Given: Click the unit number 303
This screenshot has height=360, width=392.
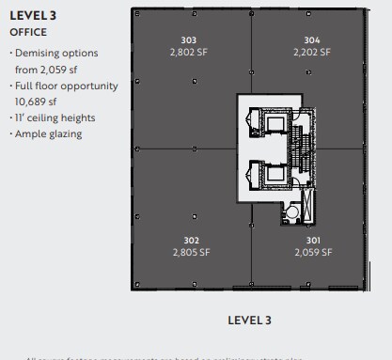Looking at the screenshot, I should (x=188, y=40).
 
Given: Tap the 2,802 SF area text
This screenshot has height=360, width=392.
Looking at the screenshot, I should (x=188, y=53).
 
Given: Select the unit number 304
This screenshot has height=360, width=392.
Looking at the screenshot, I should (x=312, y=40).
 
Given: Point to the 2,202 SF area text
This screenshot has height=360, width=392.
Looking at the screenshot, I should (x=312, y=53).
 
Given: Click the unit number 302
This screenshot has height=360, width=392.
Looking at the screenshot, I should (x=191, y=241).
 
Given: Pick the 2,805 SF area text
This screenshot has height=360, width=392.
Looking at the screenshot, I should (x=191, y=253).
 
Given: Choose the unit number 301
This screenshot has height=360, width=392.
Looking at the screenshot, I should (x=312, y=241).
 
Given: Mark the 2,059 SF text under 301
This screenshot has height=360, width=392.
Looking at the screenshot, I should (x=312, y=253).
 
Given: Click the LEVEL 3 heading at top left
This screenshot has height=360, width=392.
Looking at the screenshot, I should (x=33, y=15).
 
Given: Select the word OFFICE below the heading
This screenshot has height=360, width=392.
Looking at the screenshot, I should (x=28, y=32).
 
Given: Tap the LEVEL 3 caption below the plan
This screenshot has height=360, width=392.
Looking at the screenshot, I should (x=249, y=321).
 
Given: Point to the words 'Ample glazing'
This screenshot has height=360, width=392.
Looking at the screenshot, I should (x=49, y=134).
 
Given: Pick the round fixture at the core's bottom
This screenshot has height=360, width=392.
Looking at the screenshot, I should (x=292, y=213).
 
